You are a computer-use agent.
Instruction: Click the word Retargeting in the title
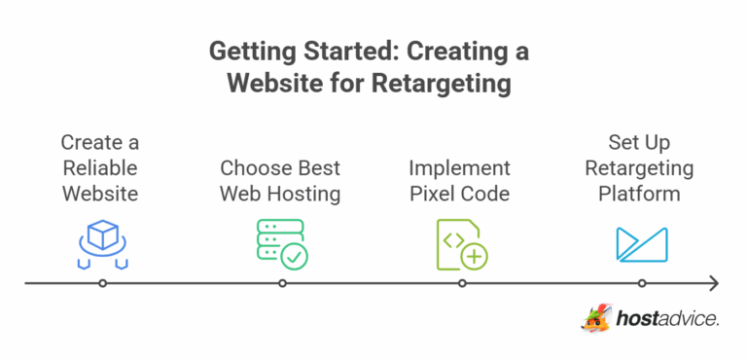442,84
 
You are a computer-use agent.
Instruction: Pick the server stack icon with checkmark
280,242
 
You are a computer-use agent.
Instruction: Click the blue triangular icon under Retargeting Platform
641,244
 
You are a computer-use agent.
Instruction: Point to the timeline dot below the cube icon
102,284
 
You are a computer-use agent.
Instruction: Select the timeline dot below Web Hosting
282,284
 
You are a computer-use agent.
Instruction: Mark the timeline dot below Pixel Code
462,284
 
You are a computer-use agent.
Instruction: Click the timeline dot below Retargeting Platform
642,284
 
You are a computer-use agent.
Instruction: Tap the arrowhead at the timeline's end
714,284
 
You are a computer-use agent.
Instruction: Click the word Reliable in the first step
100,167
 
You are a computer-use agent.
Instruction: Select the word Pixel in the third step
431,194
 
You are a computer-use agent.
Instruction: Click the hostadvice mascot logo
596,318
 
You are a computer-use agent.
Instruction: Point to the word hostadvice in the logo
667,318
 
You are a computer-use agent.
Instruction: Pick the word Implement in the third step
459,167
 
